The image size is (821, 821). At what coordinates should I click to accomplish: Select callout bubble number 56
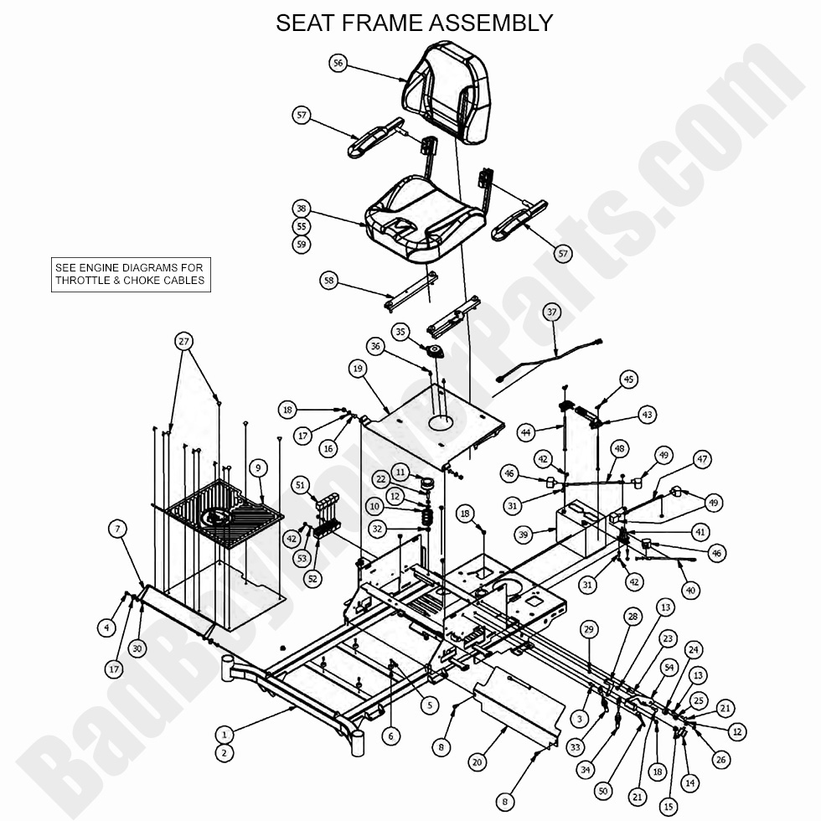click(x=338, y=63)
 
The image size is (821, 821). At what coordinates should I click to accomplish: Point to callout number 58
click(x=330, y=281)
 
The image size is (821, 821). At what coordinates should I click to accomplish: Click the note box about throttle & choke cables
click(x=130, y=274)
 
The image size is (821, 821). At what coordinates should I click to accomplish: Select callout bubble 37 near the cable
click(x=551, y=312)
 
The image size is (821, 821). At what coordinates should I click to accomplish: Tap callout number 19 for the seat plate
click(x=358, y=368)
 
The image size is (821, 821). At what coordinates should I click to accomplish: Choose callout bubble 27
click(x=184, y=341)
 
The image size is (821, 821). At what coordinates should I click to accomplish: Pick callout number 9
click(x=257, y=467)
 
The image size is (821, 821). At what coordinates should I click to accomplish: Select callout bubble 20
click(x=477, y=762)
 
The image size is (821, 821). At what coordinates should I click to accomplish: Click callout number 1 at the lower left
click(x=224, y=735)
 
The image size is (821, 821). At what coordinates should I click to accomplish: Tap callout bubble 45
click(x=629, y=380)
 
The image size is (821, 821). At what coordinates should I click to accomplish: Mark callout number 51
click(x=301, y=484)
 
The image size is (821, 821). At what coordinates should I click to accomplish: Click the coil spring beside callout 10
click(x=425, y=512)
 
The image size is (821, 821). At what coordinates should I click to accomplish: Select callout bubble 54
click(x=669, y=667)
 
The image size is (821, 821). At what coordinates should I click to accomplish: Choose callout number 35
click(x=400, y=333)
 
